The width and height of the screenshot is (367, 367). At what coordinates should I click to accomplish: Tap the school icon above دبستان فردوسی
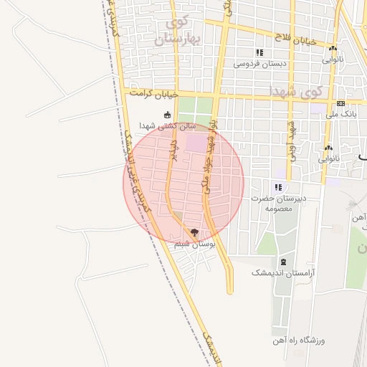[259, 52]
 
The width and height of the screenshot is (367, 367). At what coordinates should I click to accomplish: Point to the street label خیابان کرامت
[152, 94]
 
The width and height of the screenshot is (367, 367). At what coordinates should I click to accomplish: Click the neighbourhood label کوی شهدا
[297, 92]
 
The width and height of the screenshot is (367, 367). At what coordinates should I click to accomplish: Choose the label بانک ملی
[341, 114]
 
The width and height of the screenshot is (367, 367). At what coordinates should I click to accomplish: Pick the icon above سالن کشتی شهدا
[168, 115]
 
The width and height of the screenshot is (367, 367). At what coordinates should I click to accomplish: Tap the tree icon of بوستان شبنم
[194, 232]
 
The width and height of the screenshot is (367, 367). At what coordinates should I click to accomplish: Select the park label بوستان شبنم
[195, 244]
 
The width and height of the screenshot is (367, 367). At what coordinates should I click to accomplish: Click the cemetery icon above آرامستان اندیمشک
[285, 262]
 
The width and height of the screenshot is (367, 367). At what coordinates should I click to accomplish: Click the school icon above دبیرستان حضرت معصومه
[277, 187]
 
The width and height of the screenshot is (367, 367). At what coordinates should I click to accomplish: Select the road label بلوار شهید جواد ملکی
[213, 154]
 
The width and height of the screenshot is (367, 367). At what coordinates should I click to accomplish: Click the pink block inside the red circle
[195, 143]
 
